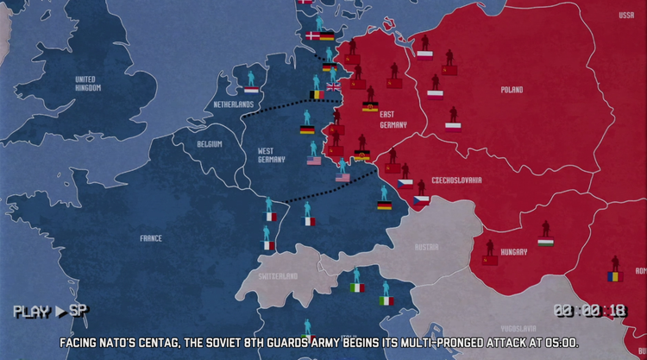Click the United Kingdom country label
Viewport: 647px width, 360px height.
point(85,84)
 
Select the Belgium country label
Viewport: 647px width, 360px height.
point(210,144)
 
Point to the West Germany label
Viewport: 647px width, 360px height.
point(272,155)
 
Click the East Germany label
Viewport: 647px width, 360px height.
point(386,120)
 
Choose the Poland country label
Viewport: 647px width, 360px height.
point(512,90)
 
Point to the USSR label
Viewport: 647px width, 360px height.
point(626,16)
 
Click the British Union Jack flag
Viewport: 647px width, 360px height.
point(333,86)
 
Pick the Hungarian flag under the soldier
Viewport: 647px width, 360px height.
point(545,243)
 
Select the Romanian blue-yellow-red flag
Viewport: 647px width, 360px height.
point(613,276)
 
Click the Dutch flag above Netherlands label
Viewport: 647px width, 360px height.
point(251,89)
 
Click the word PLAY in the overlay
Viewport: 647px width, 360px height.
point(31,311)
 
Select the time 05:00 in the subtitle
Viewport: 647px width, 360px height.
point(559,343)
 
